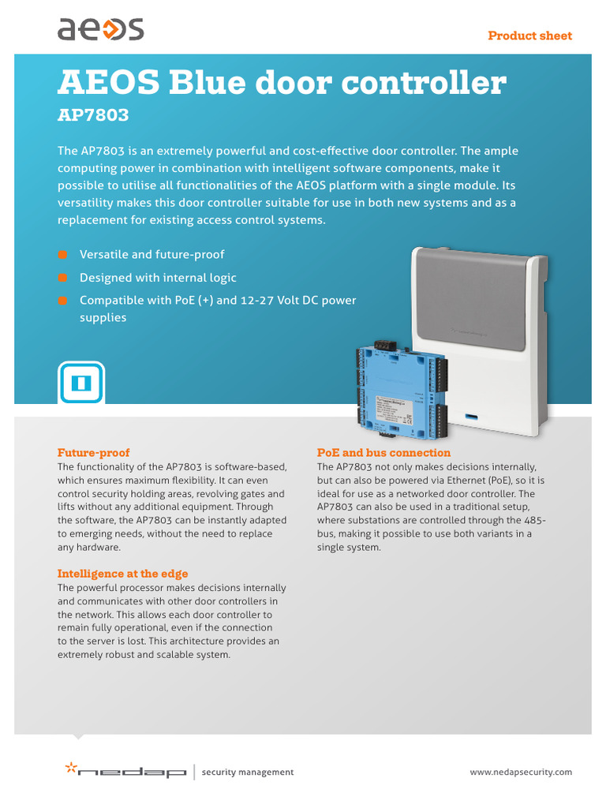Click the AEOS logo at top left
click(x=100, y=30)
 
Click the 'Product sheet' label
click(x=529, y=36)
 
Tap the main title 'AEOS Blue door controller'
click(x=281, y=83)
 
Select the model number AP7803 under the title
click(x=93, y=116)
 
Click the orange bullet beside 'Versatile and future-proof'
click(x=62, y=254)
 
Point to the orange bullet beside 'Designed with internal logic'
click(x=62, y=278)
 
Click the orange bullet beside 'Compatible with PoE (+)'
click(x=62, y=301)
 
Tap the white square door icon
click(x=81, y=383)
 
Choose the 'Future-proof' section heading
click(x=93, y=453)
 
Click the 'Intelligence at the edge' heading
click(x=122, y=574)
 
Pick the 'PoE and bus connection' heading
click(x=383, y=453)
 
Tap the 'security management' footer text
click(x=248, y=772)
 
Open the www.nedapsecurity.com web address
click(x=521, y=772)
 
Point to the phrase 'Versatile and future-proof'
click(x=151, y=254)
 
